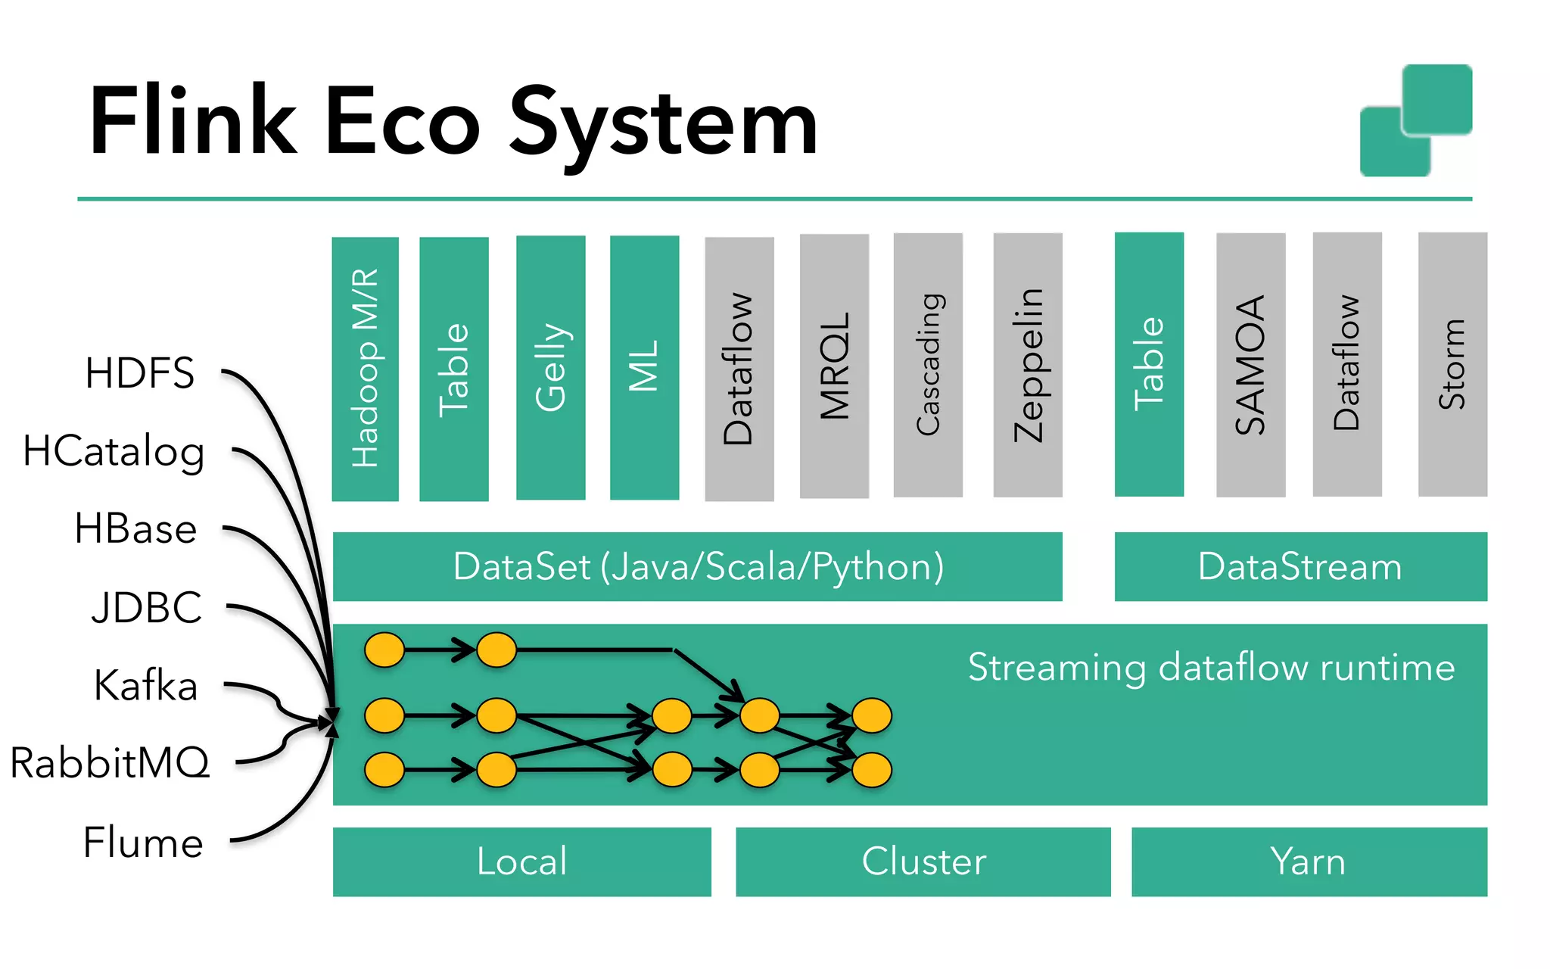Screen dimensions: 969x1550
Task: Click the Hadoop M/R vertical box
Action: (365, 369)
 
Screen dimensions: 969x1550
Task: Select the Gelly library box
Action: (550, 368)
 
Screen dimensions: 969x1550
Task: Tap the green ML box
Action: (644, 368)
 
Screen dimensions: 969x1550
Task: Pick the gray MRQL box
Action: (834, 366)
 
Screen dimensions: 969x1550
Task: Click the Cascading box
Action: (928, 365)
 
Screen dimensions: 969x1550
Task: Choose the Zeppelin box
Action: (1028, 365)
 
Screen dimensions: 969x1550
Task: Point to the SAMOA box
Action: (1250, 365)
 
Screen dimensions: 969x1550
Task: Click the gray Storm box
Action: (1452, 364)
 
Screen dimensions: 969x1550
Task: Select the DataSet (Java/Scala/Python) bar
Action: (697, 567)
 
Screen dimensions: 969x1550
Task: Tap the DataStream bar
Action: (1300, 567)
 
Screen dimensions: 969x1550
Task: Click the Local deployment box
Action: (521, 862)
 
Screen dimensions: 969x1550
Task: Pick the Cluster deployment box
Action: (923, 862)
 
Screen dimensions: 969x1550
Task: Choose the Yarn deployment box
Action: (1309, 862)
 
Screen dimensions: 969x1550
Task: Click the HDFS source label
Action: (140, 373)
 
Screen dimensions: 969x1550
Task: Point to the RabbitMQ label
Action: (110, 762)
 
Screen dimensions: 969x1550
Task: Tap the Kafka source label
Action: (145, 685)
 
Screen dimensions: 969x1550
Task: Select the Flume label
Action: (143, 843)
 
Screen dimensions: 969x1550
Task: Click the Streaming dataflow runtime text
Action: (1211, 668)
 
